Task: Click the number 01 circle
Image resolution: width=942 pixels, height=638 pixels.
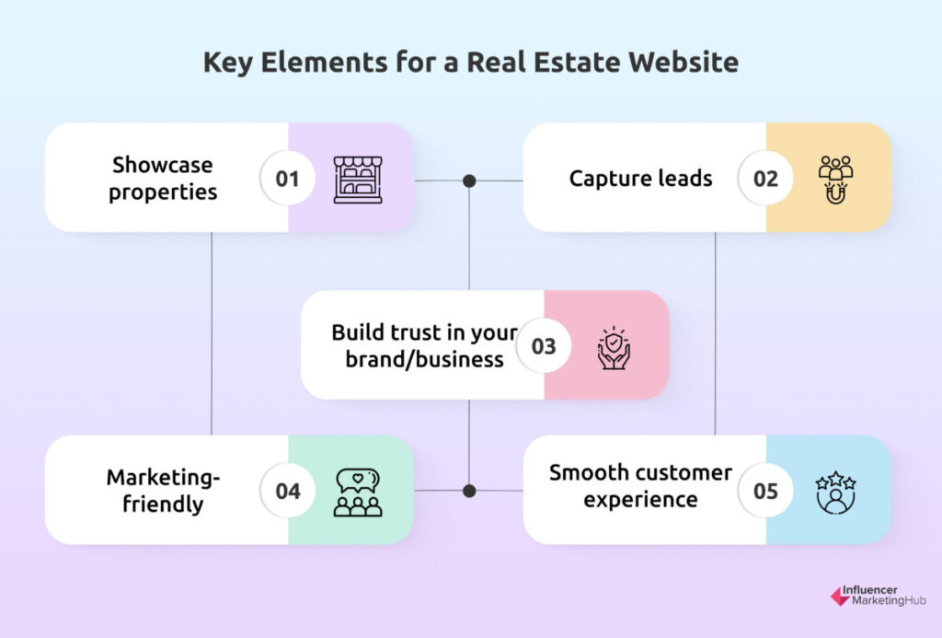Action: pos(288,178)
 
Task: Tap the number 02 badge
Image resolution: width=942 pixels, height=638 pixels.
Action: pos(765,178)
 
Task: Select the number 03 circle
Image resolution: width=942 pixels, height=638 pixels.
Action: pos(544,346)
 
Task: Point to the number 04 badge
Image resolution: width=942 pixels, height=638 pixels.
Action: pos(288,491)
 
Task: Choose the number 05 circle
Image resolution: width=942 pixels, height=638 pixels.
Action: pos(765,491)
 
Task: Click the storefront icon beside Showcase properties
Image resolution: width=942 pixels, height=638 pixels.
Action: pos(358,180)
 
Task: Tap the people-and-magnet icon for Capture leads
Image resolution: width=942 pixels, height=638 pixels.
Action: pos(835,180)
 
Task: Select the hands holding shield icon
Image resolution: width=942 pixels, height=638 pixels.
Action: pos(614,348)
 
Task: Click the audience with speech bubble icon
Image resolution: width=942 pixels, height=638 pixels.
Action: pos(358,493)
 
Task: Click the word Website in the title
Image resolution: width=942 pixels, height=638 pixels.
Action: pos(684,62)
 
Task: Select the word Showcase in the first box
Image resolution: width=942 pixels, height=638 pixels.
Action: pos(162,165)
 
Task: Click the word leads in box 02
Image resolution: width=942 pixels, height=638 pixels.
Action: pos(684,178)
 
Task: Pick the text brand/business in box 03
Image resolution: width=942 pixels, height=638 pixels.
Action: pos(424,360)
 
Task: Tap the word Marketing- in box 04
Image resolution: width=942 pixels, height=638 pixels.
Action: pos(163,478)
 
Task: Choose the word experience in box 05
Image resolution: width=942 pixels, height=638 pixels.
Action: pos(640,500)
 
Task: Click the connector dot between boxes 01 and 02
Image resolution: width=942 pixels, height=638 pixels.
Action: pos(470,180)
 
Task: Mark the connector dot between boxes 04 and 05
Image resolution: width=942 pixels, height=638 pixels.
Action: pos(470,491)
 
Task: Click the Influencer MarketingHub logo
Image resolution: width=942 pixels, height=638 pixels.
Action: pos(878,596)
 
